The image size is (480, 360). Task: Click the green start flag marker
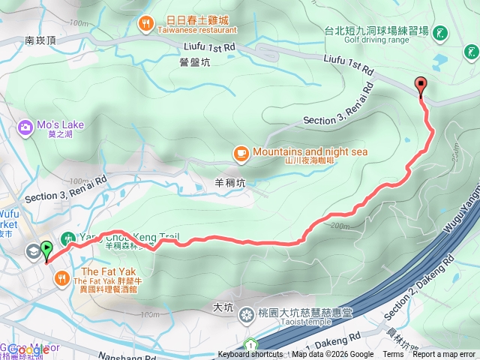[46, 250]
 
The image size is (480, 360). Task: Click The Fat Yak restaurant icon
[61, 278]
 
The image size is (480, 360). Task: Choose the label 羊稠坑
[229, 181]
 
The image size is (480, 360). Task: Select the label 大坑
[223, 307]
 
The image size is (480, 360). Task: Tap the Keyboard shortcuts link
[250, 355]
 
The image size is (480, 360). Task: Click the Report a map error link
[444, 355]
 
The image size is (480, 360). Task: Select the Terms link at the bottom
[393, 355]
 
